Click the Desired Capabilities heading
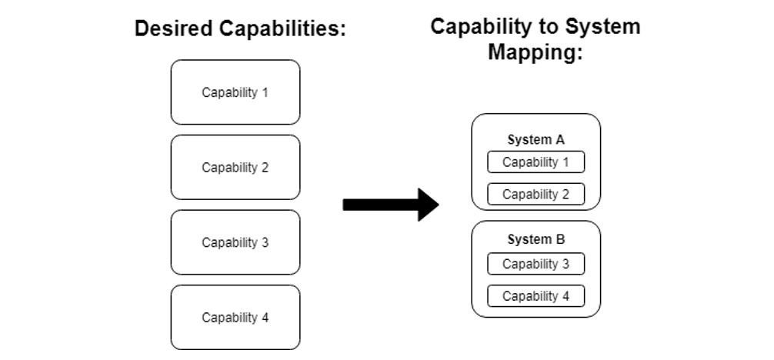click(x=240, y=29)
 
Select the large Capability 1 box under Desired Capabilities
click(x=235, y=92)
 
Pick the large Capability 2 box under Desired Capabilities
click(x=235, y=167)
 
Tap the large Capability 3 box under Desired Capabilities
click(x=235, y=242)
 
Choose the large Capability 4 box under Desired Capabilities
click(x=235, y=317)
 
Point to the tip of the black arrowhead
click(x=438, y=204)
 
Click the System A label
click(x=536, y=140)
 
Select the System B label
click(x=536, y=239)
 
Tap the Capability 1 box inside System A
click(x=536, y=162)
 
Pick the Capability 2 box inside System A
click(x=536, y=194)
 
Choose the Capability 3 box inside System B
click(x=536, y=264)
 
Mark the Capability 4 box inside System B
click(x=536, y=296)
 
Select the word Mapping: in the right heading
click(x=536, y=54)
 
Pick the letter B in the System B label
click(x=561, y=239)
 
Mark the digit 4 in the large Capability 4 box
click(x=265, y=317)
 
